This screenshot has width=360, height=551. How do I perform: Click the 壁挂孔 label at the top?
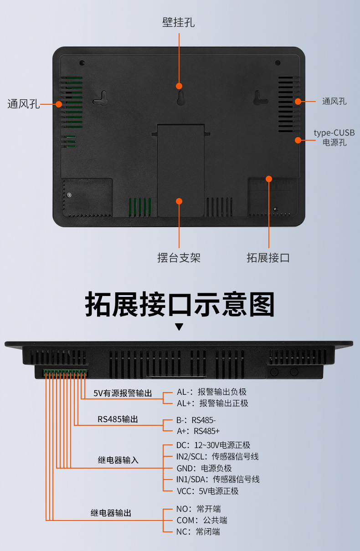pyautogui.click(x=179, y=22)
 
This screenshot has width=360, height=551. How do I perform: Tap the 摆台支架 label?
pyautogui.click(x=179, y=258)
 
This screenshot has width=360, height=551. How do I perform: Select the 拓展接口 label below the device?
pyautogui.click(x=268, y=258)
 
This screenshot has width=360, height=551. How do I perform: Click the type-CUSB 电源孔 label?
pyautogui.click(x=334, y=138)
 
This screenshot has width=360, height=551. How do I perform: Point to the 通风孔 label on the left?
pyautogui.click(x=24, y=104)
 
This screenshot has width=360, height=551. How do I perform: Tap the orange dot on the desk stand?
pyautogui.click(x=179, y=201)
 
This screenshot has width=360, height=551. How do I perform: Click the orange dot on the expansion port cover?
pyautogui.click(x=269, y=179)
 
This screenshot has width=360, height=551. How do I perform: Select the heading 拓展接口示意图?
pyautogui.click(x=180, y=305)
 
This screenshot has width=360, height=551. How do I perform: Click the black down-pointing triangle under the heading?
pyautogui.click(x=180, y=327)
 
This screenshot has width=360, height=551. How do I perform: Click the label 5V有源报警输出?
pyautogui.click(x=123, y=393)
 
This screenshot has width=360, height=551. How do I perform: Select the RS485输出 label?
pyautogui.click(x=118, y=419)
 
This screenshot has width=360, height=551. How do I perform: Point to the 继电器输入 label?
pyautogui.click(x=118, y=460)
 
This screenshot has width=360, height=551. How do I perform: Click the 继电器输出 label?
pyautogui.click(x=111, y=513)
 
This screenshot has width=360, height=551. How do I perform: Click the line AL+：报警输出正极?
pyautogui.click(x=212, y=403)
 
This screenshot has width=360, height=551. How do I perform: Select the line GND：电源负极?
pyautogui.click(x=204, y=468)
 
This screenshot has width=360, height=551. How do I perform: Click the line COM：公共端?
pyautogui.click(x=201, y=520)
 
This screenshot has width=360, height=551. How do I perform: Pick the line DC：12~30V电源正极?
pyautogui.click(x=213, y=445)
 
